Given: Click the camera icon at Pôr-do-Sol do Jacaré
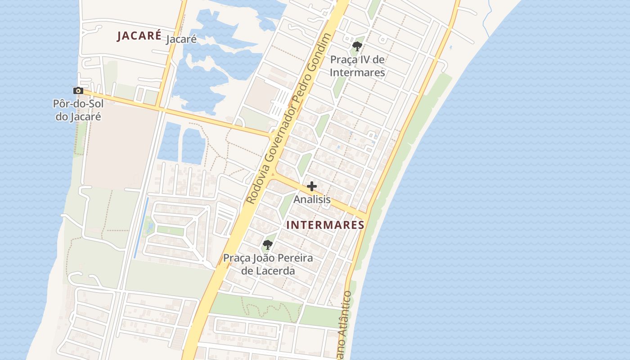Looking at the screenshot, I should [78, 91].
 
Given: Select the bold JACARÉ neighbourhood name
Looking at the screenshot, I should [139, 36].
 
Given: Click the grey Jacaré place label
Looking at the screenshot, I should [181, 39].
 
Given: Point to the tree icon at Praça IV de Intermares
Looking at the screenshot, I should [357, 46].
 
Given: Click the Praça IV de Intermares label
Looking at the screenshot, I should [357, 66].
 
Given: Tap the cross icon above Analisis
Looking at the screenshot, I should [312, 186].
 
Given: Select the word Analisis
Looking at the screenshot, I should [312, 199].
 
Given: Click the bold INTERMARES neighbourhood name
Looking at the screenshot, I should [325, 225].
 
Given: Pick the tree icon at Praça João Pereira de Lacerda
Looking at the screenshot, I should [268, 245].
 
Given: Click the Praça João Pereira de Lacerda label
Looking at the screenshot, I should [268, 265].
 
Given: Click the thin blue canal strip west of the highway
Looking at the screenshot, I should [141, 227].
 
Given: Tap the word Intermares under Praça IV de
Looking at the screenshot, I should [357, 72].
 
